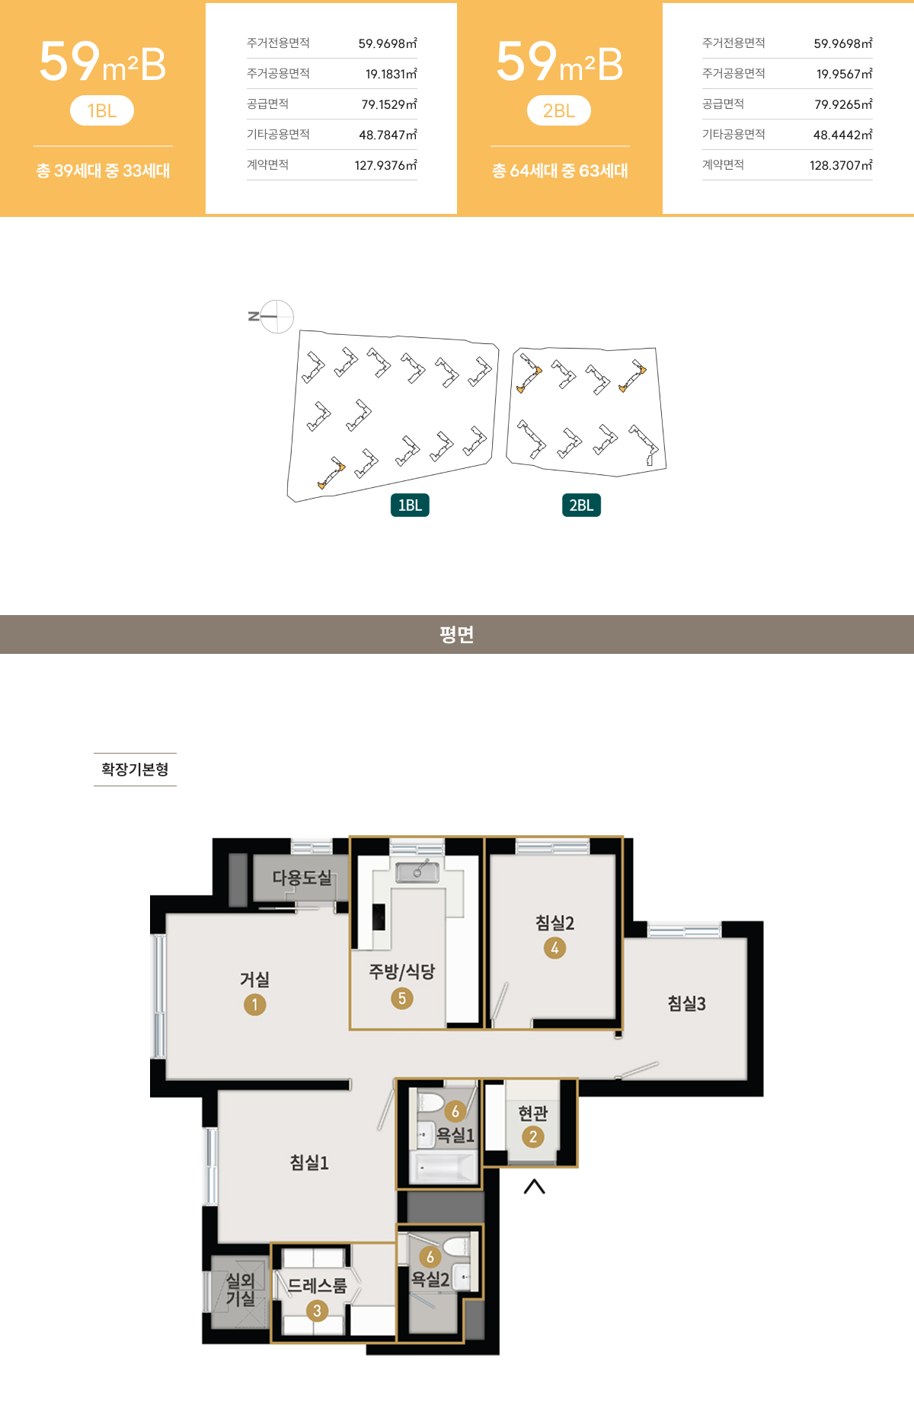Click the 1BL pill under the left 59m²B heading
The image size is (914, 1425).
102,110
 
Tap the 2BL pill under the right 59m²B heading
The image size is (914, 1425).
559,110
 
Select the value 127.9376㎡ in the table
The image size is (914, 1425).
385,165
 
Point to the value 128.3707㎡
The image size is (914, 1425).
841,165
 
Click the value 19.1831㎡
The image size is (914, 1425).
391,74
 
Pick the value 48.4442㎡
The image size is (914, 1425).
842,135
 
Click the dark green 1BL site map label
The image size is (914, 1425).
410,505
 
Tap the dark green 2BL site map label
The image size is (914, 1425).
581,505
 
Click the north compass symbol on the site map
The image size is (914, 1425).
272,317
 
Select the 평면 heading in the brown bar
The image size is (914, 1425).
457,634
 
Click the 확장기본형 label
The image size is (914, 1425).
135,770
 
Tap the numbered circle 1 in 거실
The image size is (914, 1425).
254,1005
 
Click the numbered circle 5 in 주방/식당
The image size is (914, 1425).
402,998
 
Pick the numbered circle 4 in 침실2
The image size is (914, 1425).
554,948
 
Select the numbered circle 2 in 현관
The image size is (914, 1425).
533,1136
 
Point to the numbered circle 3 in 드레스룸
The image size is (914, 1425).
318,1310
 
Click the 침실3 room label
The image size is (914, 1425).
686,1003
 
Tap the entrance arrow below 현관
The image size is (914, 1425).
535,1186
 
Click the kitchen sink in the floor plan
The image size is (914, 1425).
417,870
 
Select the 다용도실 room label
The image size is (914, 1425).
302,878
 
